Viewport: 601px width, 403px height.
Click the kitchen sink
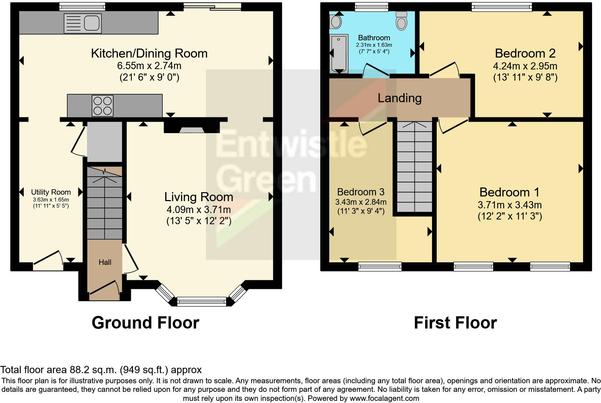(83, 23)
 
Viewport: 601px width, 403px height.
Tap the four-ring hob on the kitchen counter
(102, 105)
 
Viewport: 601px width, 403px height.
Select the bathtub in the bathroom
(339, 54)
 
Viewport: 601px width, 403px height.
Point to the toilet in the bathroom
(402, 21)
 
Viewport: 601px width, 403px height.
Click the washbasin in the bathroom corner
(335, 22)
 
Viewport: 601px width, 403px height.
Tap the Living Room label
(198, 197)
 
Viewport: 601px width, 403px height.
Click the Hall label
(105, 262)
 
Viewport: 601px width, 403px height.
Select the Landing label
(399, 98)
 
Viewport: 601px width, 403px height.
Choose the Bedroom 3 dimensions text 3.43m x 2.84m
(361, 202)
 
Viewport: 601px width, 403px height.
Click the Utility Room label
(51, 192)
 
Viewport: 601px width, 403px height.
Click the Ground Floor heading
(146, 323)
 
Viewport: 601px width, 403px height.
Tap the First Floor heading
(455, 323)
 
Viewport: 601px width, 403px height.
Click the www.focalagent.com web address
(385, 398)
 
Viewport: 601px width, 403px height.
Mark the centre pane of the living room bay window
(202, 302)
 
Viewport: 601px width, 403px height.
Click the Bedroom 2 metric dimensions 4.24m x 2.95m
(525, 66)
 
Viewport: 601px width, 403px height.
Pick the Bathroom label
(374, 38)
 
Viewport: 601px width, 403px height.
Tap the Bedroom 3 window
(380, 267)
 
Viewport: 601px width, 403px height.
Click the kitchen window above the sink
(82, 6)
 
